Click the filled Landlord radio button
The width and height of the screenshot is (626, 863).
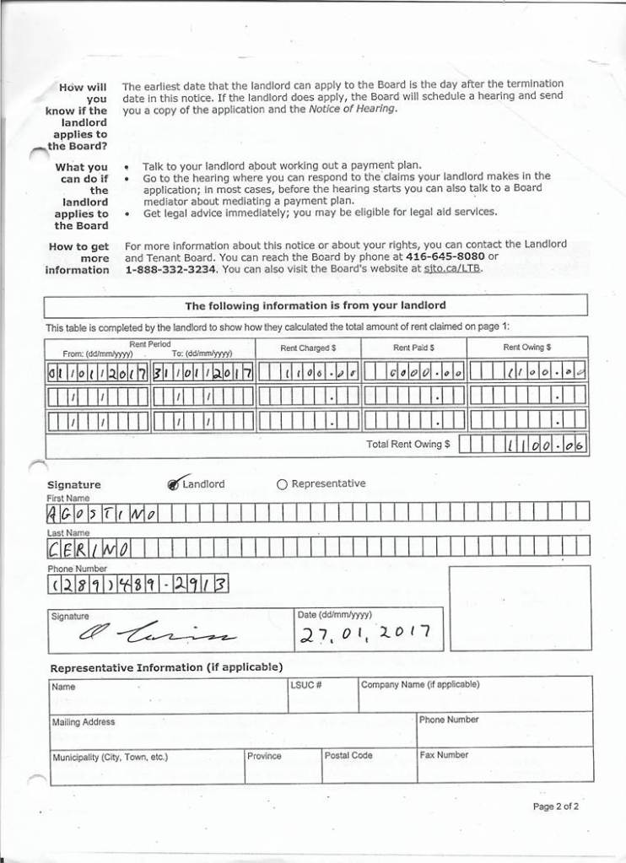point(174,484)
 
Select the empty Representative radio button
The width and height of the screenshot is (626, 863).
point(282,484)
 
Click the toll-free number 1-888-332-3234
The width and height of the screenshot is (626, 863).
point(171,269)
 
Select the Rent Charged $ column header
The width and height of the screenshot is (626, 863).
point(308,348)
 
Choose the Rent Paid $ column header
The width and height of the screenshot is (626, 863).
point(413,348)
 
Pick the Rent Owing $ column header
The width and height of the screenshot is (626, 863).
point(527,348)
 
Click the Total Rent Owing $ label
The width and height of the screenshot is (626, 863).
point(408,444)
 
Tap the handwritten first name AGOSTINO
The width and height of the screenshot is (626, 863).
point(103,513)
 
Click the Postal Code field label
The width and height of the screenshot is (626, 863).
point(348,756)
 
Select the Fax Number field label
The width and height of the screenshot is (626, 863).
point(444,756)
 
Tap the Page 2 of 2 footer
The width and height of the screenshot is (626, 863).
point(555,807)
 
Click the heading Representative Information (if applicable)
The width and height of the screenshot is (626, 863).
point(166,667)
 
